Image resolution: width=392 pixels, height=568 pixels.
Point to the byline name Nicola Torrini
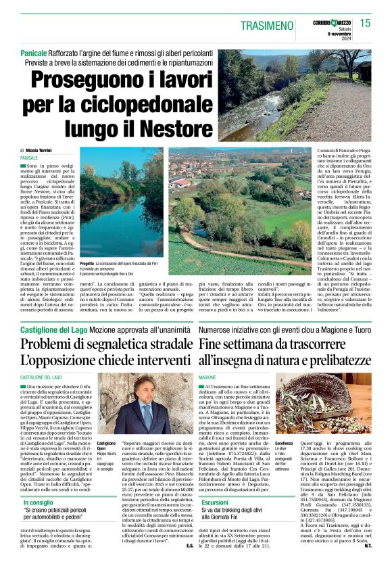pyautogui.click(x=41, y=149)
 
